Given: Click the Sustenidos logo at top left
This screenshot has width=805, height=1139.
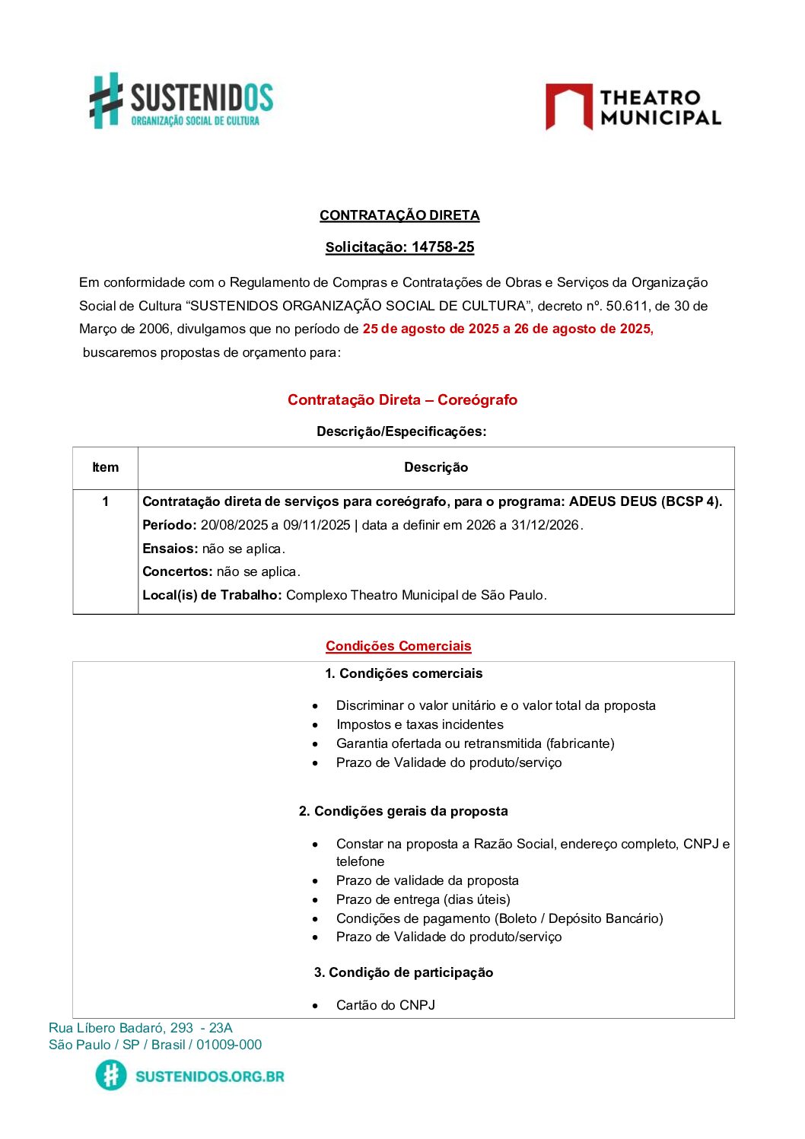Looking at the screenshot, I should (x=181, y=101).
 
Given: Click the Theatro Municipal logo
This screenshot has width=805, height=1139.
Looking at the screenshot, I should (x=633, y=107).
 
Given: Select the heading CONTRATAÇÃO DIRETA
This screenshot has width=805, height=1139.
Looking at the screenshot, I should (x=399, y=215).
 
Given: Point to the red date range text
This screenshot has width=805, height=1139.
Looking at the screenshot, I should (x=508, y=329).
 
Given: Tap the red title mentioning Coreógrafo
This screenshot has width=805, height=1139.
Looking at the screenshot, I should (x=402, y=399).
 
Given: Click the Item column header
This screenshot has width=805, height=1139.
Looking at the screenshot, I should (x=105, y=467).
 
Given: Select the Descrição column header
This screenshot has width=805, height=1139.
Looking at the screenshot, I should (x=435, y=467).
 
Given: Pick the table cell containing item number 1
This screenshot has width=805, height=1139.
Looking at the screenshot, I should (x=105, y=501).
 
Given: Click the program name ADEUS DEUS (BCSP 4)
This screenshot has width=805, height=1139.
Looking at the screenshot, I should (x=645, y=501).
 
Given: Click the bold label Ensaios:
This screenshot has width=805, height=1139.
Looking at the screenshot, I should (x=170, y=549).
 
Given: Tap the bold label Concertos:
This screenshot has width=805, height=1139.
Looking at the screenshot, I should (x=177, y=571).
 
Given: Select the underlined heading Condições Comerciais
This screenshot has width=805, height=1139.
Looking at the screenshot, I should (x=398, y=646).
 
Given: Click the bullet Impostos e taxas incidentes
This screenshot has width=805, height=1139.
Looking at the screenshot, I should (x=419, y=724).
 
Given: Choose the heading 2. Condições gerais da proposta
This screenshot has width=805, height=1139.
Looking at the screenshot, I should (x=403, y=811).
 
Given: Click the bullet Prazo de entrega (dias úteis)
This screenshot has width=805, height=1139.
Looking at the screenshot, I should (x=423, y=899).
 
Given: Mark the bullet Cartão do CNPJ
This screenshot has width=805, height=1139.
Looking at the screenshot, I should (x=385, y=1005).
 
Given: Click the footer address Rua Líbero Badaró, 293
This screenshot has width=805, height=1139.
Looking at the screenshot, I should (x=140, y=1028).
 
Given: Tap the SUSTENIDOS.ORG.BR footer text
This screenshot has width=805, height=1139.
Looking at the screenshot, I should (x=209, y=1076).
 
